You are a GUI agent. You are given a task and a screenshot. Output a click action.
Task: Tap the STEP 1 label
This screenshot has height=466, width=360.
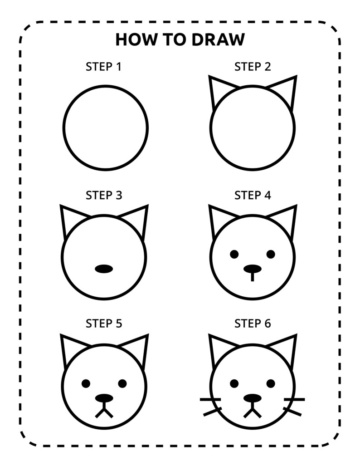coord(104,67)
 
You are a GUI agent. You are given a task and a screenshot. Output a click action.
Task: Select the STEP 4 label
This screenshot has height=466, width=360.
coord(253,195)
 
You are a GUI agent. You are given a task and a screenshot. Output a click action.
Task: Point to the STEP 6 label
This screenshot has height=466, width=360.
coord(253,324)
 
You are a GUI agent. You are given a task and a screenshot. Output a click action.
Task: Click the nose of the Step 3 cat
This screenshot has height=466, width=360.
coord(104,269)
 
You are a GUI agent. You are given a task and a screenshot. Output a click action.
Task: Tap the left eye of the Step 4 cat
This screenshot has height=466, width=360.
coord(234,254)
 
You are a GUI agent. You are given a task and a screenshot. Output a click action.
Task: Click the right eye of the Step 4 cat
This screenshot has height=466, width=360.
coord(271,254)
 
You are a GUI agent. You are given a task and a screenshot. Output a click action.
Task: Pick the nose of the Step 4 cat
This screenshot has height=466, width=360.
coord(253,269)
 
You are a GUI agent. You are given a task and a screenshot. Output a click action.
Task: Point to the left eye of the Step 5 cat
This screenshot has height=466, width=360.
coord(86,383)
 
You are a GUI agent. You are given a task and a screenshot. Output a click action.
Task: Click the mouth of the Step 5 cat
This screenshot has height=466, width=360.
coord(104,412)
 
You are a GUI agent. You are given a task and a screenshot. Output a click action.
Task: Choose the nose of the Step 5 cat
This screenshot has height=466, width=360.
coord(104,398)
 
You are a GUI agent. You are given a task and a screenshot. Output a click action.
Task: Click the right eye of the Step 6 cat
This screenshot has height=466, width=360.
coord(271,383)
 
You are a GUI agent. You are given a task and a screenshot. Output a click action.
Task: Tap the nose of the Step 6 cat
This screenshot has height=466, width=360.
coord(253,398)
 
